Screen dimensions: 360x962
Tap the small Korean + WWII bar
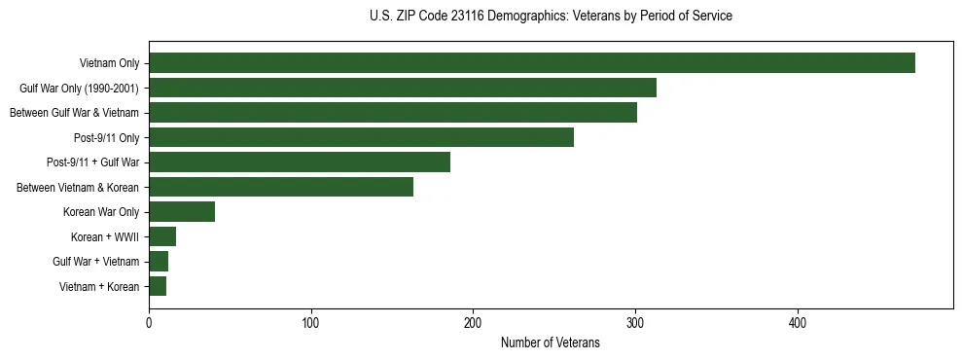pyautogui.click(x=161, y=236)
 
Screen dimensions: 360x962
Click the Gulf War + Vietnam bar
pyautogui.click(x=158, y=262)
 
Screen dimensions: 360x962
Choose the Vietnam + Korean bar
pyautogui.click(x=157, y=286)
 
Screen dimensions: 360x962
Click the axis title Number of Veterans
pyautogui.click(x=550, y=342)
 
